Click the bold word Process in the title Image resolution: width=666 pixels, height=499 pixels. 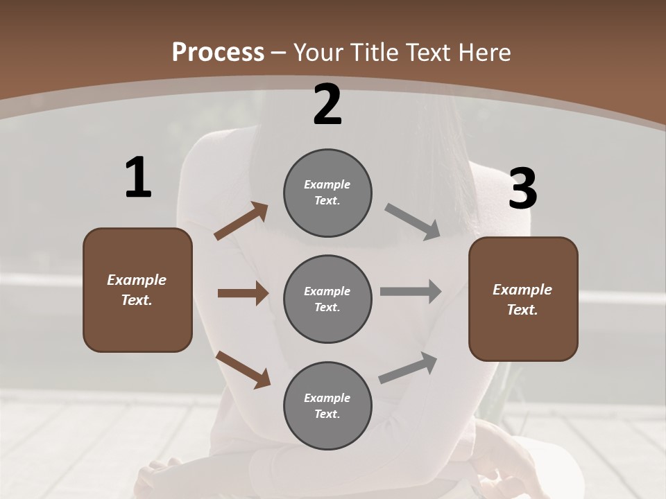(x=218, y=53)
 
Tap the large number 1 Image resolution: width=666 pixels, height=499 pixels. (x=138, y=178)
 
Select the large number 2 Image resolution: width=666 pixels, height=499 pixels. (x=327, y=105)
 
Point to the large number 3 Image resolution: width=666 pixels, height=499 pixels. (x=522, y=189)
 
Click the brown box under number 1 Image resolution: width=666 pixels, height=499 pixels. (x=137, y=290)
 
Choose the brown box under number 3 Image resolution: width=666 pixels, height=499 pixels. (x=523, y=299)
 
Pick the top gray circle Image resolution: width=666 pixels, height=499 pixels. (x=327, y=193)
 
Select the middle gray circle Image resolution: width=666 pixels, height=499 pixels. (x=327, y=299)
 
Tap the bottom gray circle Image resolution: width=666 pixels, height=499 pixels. (x=327, y=405)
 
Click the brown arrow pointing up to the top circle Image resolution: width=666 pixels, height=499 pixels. (x=241, y=221)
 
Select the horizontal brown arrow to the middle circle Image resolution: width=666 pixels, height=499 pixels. (x=243, y=293)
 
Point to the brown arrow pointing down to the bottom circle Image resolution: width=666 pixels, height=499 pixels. (x=243, y=369)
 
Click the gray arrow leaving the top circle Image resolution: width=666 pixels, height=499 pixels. (x=413, y=222)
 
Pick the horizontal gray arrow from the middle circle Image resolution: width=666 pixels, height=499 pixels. (x=411, y=292)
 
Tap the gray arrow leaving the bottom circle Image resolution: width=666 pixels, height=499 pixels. (x=409, y=368)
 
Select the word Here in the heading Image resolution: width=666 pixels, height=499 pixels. (x=486, y=53)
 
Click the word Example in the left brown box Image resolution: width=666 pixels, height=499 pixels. (x=137, y=280)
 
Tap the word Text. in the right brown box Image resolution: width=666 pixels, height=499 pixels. (x=522, y=310)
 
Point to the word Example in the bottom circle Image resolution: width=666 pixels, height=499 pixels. (x=327, y=398)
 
